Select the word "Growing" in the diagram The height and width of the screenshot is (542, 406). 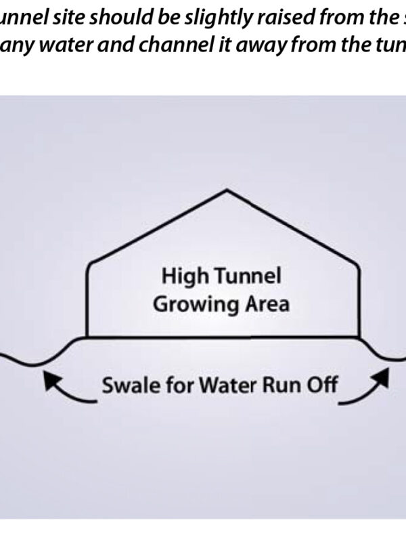point(187,304)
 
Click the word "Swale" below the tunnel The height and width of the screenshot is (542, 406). point(126,386)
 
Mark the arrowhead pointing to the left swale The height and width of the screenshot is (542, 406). point(49,382)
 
